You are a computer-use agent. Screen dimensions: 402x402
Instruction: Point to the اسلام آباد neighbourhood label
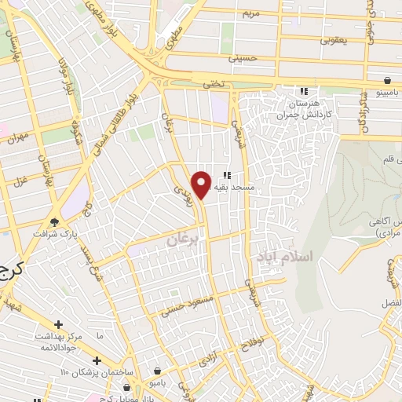[283, 257]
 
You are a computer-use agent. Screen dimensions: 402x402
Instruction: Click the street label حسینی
[243, 57]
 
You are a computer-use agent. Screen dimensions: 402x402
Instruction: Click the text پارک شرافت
[51, 234]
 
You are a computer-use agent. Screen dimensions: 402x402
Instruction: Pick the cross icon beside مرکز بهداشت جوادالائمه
[58, 324]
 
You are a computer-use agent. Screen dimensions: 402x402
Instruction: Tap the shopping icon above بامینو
[387, 80]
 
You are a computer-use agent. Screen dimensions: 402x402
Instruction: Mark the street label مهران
[17, 139]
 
